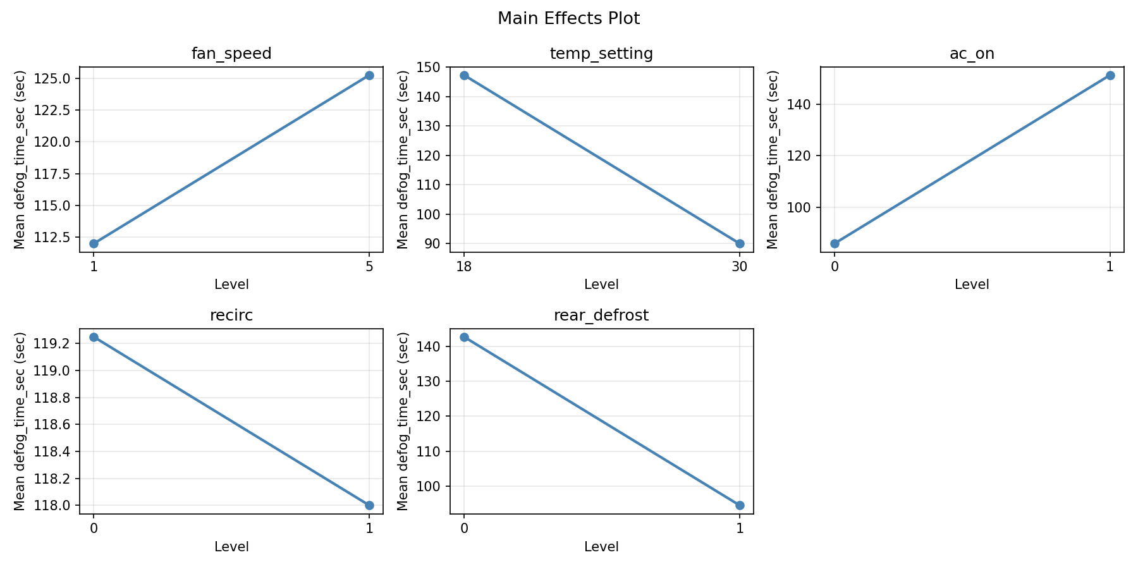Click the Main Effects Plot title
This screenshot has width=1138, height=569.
568,18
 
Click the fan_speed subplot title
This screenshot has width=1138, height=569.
231,54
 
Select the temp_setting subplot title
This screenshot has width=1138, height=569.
601,54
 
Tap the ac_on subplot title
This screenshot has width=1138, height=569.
972,54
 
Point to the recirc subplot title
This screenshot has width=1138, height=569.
231,315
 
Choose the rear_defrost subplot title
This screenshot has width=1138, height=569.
601,315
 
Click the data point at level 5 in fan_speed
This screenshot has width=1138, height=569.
369,75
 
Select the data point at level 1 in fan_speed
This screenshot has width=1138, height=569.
94,243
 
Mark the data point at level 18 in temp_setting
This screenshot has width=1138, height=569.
464,75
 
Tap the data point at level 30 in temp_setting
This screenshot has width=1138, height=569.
740,243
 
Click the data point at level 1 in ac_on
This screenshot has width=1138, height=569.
1110,75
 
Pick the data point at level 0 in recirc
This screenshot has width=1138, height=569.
94,337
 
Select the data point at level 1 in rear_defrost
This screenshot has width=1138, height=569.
740,505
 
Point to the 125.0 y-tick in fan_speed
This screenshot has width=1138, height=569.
57,78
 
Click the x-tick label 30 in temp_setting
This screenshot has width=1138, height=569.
740,267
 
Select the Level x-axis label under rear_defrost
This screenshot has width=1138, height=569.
601,547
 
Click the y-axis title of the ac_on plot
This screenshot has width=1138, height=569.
772,159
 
